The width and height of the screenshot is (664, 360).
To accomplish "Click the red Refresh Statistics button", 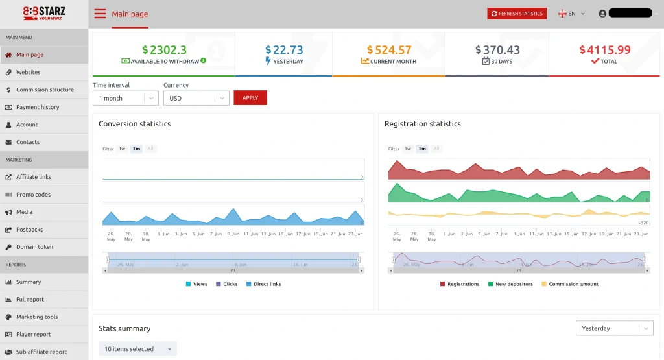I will tap(517, 14).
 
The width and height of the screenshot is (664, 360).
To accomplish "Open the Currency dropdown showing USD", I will tap(196, 98).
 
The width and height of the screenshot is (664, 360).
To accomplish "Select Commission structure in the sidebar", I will tap(45, 90).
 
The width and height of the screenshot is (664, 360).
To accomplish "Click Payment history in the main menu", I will tap(38, 107).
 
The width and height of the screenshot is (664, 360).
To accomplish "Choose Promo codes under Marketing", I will tap(33, 195).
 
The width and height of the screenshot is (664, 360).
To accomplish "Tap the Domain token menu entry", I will tap(34, 247).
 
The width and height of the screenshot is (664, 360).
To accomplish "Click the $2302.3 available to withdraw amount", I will tap(164, 50).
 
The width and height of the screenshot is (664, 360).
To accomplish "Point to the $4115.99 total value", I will tap(605, 50).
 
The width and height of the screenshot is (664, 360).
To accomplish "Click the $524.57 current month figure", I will tap(389, 50).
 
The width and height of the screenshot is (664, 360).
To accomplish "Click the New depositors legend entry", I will tap(514, 284).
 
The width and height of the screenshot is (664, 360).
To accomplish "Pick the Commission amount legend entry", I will tap(573, 284).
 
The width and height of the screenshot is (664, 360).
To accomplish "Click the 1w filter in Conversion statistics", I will tap(122, 149).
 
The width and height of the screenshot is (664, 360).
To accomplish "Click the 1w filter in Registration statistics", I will tap(408, 149).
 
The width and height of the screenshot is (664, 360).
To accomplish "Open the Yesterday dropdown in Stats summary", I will tap(613, 328).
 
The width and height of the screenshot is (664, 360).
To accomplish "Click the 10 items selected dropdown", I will tap(137, 349).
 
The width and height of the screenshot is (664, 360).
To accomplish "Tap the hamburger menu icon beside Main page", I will tap(100, 14).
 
